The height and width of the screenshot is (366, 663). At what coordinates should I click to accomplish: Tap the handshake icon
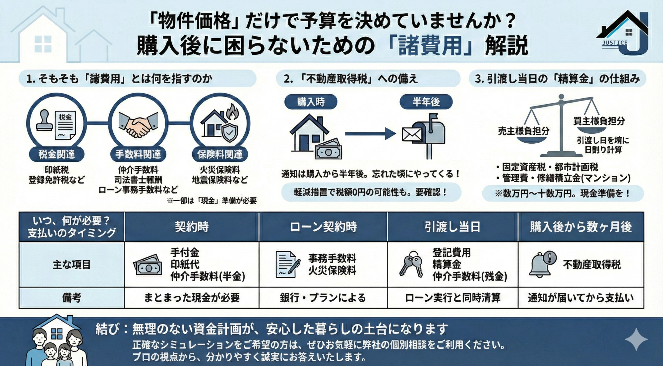(138, 123)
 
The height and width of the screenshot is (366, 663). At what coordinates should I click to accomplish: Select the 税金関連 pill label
(57, 154)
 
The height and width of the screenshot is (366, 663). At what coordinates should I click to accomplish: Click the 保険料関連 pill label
(220, 154)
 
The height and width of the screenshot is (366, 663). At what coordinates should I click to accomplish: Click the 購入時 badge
(311, 102)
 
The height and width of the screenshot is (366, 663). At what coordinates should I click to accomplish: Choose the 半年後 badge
(426, 102)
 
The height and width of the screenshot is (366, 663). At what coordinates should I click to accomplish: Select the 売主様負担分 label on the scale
(523, 131)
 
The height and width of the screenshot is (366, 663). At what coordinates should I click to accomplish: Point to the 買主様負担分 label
(599, 121)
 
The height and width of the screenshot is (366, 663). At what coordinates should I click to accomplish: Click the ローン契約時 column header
(323, 227)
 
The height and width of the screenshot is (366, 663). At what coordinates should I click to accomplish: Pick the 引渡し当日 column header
(452, 227)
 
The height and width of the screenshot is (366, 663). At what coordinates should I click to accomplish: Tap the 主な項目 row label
(72, 264)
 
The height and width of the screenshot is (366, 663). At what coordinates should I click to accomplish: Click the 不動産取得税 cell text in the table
(592, 264)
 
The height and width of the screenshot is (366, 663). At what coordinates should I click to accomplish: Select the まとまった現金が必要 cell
(192, 298)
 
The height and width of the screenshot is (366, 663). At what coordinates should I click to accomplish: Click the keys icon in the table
(411, 264)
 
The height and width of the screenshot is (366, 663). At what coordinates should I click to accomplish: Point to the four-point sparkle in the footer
(636, 339)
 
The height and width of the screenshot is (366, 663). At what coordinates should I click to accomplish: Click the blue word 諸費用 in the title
(430, 45)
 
